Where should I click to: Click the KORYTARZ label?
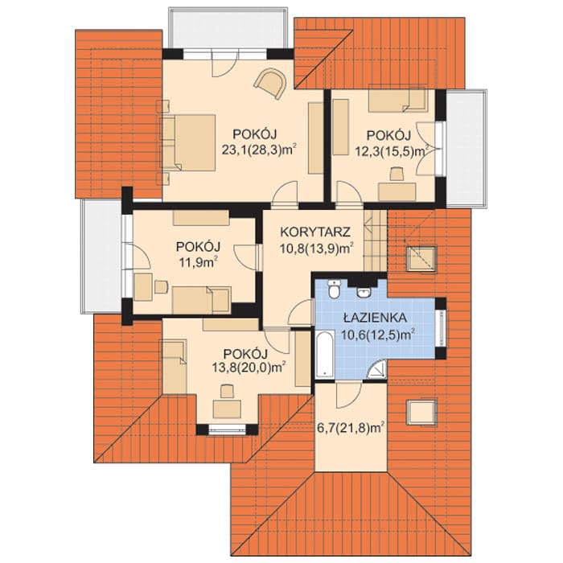(x=315, y=232)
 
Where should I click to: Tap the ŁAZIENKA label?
(x=375, y=318)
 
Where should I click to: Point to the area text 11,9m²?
(x=199, y=262)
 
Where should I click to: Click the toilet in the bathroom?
(x=334, y=289)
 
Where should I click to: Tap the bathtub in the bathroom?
(x=325, y=355)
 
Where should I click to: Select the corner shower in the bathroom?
(x=377, y=370)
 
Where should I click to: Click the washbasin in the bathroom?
(x=364, y=292)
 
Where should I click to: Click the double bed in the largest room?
(x=188, y=142)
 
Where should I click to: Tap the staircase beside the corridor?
(x=376, y=240)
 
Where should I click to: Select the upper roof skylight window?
(x=421, y=258)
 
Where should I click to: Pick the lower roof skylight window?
(x=421, y=412)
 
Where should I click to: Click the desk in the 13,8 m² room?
(x=227, y=409)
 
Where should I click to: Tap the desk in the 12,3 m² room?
(x=397, y=191)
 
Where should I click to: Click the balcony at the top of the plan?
(x=228, y=27)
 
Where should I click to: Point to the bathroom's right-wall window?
(x=442, y=328)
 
